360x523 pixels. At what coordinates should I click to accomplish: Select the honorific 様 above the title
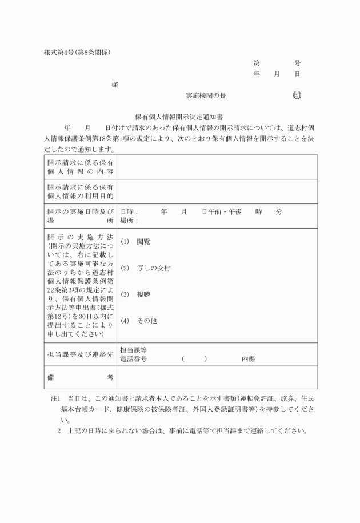tap(115, 85)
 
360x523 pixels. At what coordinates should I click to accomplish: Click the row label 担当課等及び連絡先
tap(80, 354)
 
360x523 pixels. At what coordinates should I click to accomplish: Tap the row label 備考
tap(80, 377)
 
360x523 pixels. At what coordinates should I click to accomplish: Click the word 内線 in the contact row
tap(248, 359)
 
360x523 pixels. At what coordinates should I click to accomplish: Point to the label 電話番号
tap(134, 359)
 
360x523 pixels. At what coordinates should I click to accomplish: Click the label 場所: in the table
tap(129, 220)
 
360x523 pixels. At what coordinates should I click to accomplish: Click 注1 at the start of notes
tap(55, 397)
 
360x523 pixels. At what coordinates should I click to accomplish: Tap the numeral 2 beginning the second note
tap(59, 430)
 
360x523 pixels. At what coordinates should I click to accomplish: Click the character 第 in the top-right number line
tap(257, 63)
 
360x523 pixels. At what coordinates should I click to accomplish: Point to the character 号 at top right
tap(297, 63)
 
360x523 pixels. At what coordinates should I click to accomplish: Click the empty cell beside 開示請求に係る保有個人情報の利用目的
tap(217, 191)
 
